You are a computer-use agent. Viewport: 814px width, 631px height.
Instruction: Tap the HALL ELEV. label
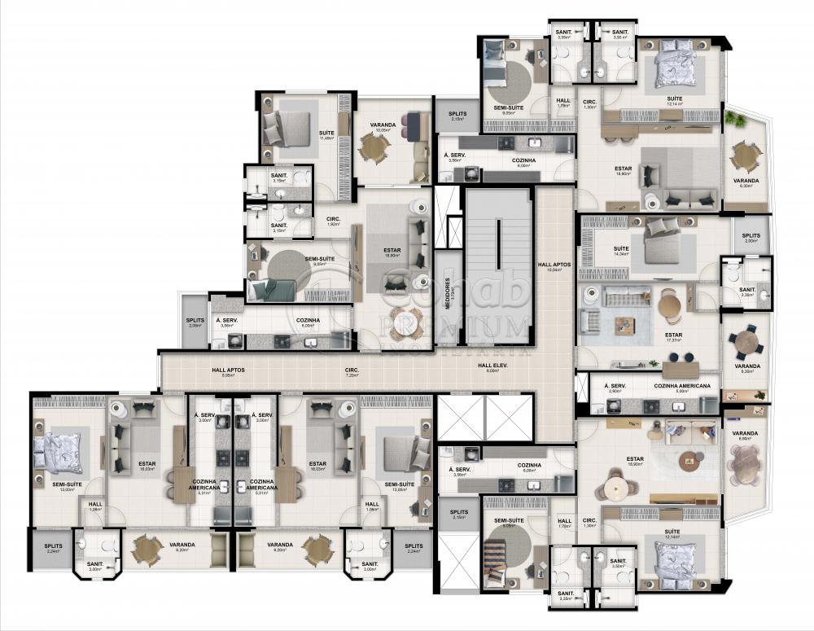click(492, 368)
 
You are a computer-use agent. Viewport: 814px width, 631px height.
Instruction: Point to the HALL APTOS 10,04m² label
click(554, 267)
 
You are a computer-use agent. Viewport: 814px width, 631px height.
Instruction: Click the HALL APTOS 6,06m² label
click(228, 372)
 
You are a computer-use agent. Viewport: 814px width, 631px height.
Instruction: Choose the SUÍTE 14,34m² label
click(621, 251)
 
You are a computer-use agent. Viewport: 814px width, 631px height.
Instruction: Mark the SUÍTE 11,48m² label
click(326, 135)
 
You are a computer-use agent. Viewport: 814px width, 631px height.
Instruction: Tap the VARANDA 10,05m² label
click(383, 128)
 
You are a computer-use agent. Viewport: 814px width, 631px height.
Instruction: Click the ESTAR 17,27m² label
click(673, 337)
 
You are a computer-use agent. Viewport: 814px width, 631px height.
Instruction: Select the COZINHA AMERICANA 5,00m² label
click(681, 388)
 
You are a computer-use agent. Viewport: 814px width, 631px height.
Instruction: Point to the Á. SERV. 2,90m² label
click(615, 388)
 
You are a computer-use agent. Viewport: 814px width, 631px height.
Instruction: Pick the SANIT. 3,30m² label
click(746, 291)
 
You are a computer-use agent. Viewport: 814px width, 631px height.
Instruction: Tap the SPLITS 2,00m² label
click(751, 238)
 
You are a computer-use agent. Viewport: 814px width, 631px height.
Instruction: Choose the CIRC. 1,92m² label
click(333, 221)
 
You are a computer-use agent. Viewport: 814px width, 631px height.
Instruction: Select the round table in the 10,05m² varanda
click(374, 148)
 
